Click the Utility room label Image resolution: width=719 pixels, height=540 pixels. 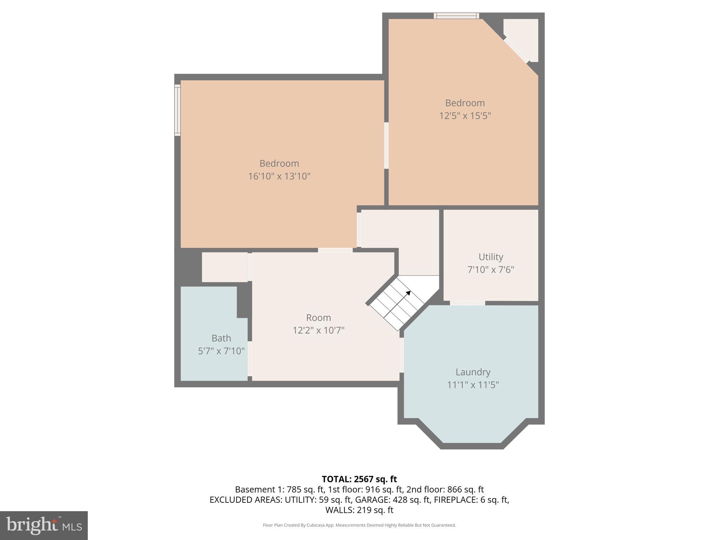pos(490,257)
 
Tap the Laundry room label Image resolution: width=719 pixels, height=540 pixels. pos(473,372)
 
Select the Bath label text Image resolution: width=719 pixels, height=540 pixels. pos(221,338)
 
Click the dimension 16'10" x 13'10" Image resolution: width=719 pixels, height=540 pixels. pos(279,176)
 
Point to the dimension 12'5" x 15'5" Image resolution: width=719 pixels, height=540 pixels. pos(465,116)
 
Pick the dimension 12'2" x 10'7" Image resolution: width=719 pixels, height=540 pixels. pos(318,330)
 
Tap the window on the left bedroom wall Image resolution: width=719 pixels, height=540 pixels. pos(178,110)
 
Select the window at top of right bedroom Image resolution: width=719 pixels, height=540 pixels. pos(456,15)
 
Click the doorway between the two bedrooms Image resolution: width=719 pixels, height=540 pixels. pos(386,145)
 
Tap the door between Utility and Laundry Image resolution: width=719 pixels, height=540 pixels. pos(467,303)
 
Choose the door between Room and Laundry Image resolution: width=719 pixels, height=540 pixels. pos(401,355)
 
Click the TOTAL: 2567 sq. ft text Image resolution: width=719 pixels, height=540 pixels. pos(359,479)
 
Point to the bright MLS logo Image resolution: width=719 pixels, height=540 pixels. pos(44,525)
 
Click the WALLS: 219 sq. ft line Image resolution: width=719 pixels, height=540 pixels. pos(359,510)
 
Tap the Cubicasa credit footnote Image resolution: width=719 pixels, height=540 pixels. pos(359,525)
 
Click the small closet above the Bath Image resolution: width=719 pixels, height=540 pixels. pos(225,267)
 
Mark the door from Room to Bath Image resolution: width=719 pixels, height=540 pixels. pos(250,358)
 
